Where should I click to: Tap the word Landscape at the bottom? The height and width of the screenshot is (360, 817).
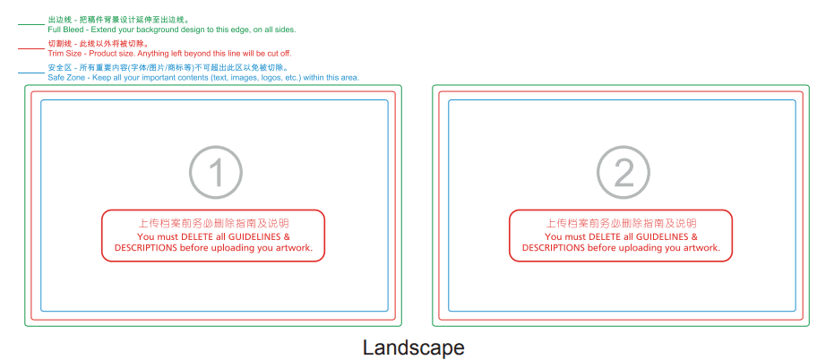coord(413,347)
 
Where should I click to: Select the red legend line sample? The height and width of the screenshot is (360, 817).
coord(31,48)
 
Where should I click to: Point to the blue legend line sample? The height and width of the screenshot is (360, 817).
coord(31,73)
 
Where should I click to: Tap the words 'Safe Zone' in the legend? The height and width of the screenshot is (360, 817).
coord(66,78)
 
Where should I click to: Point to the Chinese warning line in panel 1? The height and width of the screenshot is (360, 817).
coord(213,223)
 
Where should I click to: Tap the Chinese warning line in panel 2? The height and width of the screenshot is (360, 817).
coord(621,223)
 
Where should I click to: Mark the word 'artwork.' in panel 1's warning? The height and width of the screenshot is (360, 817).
coord(291,248)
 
